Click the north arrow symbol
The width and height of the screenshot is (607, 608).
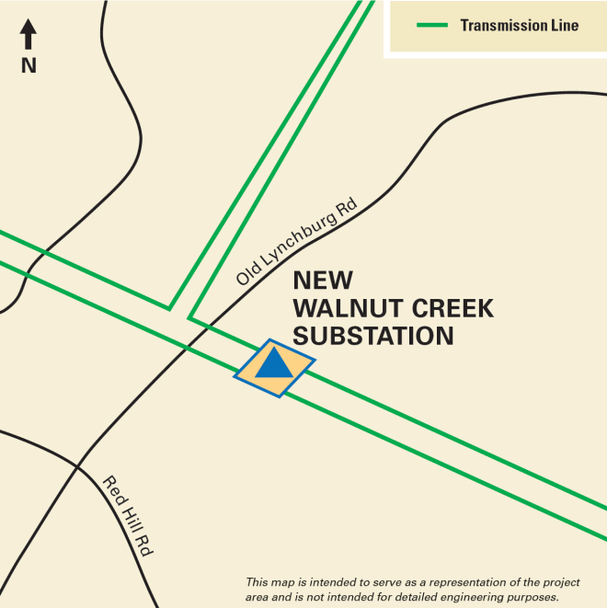[29, 35]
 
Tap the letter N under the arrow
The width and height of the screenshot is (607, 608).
[29, 66]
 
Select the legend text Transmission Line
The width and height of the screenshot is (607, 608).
[520, 26]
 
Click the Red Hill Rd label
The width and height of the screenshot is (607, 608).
[127, 516]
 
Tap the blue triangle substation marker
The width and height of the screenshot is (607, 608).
[273, 363]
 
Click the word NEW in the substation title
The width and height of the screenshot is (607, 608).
[322, 281]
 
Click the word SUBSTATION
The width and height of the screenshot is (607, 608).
[372, 337]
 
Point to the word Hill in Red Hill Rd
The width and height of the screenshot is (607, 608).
[128, 517]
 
